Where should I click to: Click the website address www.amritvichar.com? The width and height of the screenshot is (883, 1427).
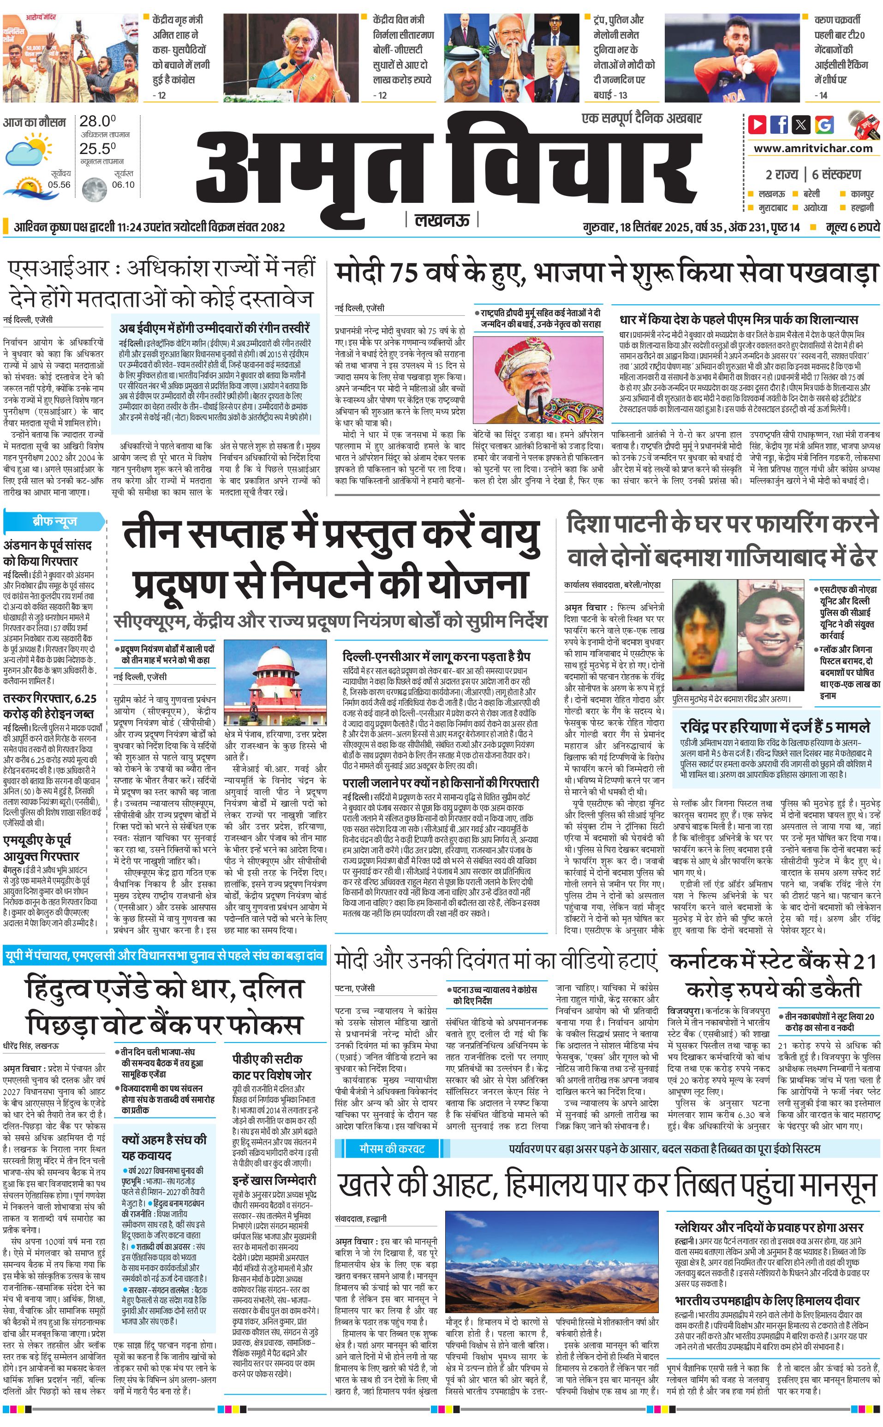click(812, 148)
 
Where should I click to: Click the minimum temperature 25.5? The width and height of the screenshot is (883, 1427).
click(97, 148)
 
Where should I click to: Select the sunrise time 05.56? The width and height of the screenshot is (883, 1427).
click(59, 184)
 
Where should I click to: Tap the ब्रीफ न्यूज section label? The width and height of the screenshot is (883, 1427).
click(54, 521)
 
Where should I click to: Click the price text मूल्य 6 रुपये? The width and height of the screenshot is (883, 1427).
click(852, 227)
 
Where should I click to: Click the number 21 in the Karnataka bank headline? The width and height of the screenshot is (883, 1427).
click(864, 961)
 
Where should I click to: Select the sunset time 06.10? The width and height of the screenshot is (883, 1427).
click(123, 184)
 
